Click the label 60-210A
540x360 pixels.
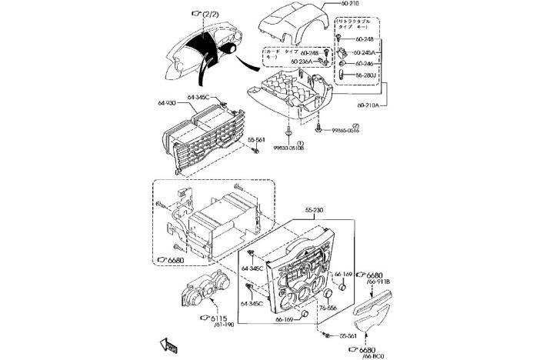(372, 105)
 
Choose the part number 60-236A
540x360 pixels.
(302, 62)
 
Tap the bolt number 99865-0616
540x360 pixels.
(345, 131)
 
